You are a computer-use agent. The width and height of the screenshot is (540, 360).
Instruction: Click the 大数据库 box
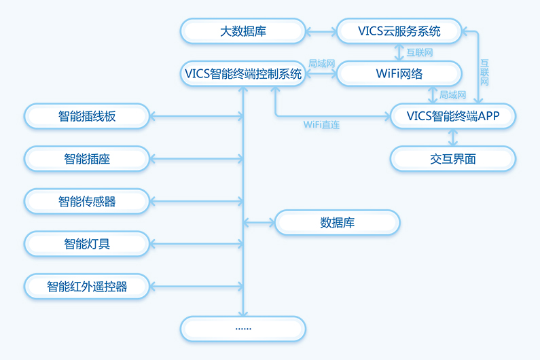click(x=242, y=31)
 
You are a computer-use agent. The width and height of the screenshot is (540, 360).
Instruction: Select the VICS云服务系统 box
click(x=399, y=31)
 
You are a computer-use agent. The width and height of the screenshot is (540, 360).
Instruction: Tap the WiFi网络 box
click(x=399, y=73)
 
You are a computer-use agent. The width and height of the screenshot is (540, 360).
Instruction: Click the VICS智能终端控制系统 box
click(x=242, y=74)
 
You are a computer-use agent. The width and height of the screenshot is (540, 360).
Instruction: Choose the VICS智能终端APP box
click(x=453, y=116)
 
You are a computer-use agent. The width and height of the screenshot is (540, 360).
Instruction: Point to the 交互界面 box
click(x=453, y=159)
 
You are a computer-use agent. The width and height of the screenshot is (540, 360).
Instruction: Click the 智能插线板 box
click(x=87, y=116)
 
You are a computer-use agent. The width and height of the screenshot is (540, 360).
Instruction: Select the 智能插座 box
click(x=87, y=159)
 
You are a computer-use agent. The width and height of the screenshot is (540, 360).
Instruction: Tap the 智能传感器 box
click(x=87, y=201)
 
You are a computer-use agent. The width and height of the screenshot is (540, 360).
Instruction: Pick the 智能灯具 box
click(x=87, y=243)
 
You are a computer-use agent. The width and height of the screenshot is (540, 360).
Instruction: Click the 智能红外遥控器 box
click(x=87, y=286)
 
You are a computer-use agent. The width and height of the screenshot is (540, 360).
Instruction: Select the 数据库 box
click(x=337, y=222)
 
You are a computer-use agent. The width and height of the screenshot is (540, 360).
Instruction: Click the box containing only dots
click(x=242, y=328)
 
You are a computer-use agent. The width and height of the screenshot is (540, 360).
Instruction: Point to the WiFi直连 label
click(x=321, y=126)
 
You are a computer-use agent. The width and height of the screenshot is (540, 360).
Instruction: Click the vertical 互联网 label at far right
click(x=484, y=71)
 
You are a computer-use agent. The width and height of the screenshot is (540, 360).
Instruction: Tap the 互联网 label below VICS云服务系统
click(x=420, y=52)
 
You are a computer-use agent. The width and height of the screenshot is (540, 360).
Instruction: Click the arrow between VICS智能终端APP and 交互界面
click(x=453, y=137)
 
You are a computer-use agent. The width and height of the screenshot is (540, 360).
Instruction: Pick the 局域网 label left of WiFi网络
click(x=321, y=63)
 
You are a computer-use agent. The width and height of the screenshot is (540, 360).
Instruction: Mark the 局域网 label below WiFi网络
click(x=452, y=95)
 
